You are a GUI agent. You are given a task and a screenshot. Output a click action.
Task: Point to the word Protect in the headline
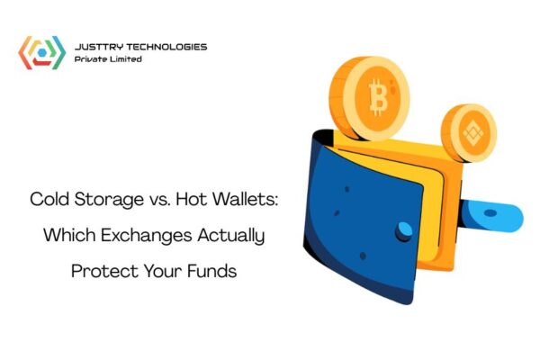point(103,270)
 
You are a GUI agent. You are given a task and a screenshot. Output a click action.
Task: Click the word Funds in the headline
point(212,270)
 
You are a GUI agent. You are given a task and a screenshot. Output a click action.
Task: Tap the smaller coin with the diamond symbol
point(468,133)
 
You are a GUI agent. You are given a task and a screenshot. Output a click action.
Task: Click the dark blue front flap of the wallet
point(342,216)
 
